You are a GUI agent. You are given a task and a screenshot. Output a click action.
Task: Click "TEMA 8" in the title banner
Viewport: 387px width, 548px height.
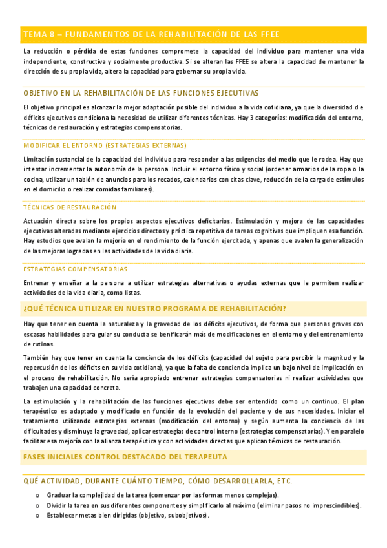37,34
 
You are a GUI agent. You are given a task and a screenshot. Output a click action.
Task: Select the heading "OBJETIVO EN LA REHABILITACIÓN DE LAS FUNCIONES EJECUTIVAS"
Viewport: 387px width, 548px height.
141,93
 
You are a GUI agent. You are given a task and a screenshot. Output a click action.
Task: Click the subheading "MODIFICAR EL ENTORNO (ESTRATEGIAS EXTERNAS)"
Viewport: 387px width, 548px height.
105,145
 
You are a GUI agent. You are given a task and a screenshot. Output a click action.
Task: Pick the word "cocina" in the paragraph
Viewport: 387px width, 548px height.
33,179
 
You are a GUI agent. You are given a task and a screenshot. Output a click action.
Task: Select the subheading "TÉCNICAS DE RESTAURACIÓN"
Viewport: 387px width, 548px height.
70,207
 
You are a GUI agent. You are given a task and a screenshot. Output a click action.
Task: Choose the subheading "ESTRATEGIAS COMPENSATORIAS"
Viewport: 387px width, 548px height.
75,269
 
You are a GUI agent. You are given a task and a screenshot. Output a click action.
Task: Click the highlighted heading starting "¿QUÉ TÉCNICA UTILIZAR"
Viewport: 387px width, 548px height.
155,308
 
